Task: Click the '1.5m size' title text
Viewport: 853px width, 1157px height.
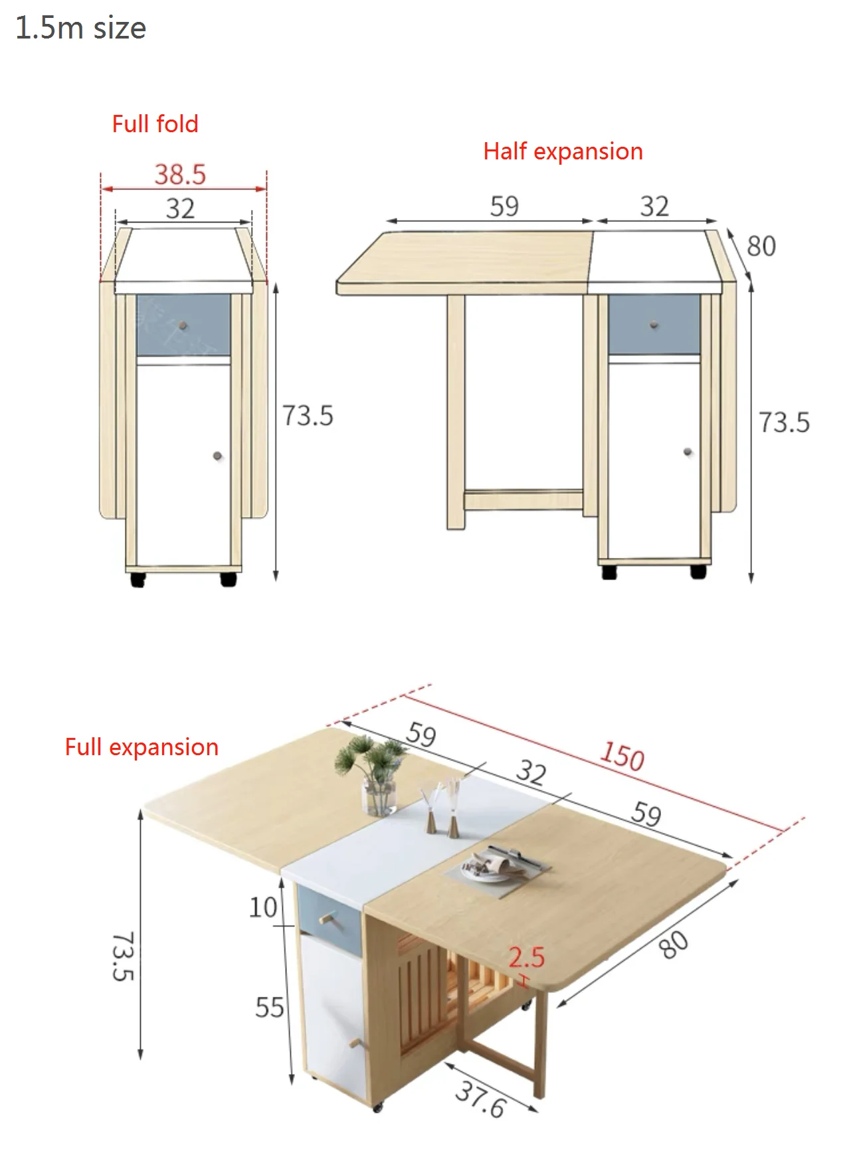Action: pos(80,28)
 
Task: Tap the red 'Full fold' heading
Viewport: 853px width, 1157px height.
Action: pos(155,124)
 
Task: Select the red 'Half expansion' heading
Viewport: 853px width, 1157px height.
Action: pos(563,151)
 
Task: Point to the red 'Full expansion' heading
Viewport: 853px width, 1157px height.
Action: pos(142,747)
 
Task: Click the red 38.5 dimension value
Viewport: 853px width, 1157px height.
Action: pos(180,175)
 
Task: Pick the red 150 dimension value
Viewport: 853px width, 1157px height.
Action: pos(622,756)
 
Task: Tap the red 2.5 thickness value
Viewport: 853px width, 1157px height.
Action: pos(526,957)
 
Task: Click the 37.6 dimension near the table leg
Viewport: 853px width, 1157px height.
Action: pos(480,1099)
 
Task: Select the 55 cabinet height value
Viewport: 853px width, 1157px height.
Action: pos(269,1008)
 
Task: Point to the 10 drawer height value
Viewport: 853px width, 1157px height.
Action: pos(263,907)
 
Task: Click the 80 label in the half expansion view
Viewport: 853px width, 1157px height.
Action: pos(761,246)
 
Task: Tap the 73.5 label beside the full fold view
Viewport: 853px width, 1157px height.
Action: pos(308,416)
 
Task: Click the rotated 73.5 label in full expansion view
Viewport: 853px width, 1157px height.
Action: pos(124,956)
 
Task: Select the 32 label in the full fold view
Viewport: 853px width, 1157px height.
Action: pos(180,209)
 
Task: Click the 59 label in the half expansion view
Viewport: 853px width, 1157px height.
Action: pos(504,206)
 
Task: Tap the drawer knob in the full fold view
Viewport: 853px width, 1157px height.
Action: pos(183,325)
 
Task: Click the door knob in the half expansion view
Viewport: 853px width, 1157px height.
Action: pos(688,452)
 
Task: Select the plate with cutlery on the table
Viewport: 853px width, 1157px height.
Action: pos(494,865)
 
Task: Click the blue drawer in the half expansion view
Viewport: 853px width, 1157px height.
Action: pos(654,324)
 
